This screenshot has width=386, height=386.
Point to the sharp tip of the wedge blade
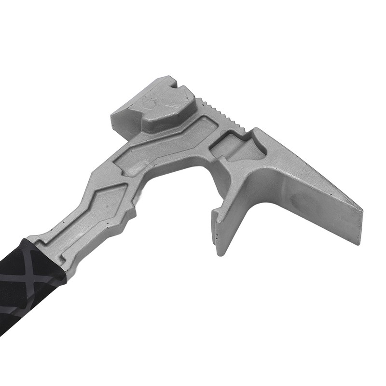361,209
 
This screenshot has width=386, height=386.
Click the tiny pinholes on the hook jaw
218,233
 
